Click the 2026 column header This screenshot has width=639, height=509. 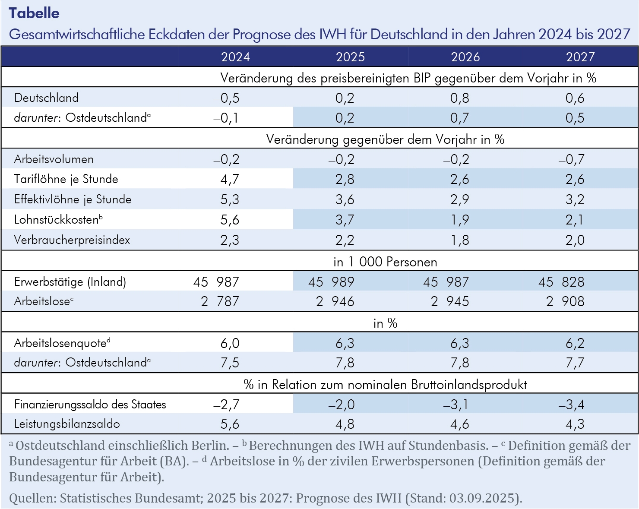click(x=465, y=57)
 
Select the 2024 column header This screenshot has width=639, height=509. click(x=235, y=57)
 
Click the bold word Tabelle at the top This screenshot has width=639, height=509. click(x=34, y=13)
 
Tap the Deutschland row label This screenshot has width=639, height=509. click(x=46, y=98)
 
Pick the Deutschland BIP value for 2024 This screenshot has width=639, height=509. click(x=227, y=98)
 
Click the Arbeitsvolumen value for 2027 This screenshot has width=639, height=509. click(x=571, y=159)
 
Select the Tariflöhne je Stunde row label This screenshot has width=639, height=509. click(x=66, y=179)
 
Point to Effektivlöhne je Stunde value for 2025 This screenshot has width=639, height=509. click(x=345, y=199)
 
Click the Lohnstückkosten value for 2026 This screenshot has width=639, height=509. click(x=460, y=220)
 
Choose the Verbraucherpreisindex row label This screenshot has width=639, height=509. click(x=72, y=240)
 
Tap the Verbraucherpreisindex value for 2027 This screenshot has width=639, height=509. click(x=575, y=240)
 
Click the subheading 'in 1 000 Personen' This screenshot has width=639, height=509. click(x=385, y=262)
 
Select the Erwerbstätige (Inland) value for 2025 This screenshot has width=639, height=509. click(x=331, y=282)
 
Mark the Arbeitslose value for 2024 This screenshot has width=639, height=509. click(x=220, y=301)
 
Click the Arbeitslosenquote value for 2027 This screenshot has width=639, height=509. click(x=575, y=343)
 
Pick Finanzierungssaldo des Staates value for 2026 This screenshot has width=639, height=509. click(x=456, y=405)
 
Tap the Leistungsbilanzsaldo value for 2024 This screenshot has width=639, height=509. click(x=230, y=424)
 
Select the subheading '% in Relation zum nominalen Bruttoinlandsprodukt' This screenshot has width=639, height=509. click(x=385, y=384)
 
